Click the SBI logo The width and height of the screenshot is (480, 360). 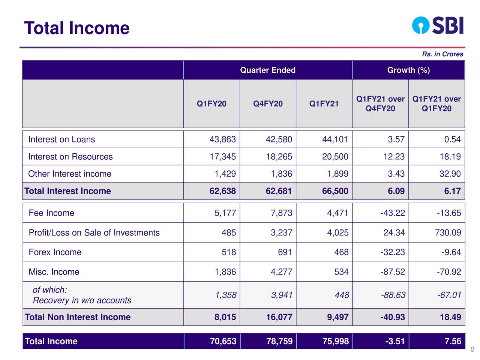coord(438,25)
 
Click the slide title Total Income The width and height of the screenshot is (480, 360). coord(77,28)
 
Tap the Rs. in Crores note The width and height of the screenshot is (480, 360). coord(442,54)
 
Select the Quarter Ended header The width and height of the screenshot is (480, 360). coord(268,70)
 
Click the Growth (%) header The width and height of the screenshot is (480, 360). coord(408,70)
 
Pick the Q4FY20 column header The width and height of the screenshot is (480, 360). coord(268,103)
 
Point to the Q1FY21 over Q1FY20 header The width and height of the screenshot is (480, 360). coord(436,103)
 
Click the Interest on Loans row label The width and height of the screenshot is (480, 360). coord(61,139)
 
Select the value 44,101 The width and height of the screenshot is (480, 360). coord(335,139)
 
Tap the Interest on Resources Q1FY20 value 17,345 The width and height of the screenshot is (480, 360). coord(223,157)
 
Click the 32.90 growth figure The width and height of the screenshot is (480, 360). coord(450,174)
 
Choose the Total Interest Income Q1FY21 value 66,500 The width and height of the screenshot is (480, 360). coord(335,191)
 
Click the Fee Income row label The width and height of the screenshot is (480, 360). coord(52,213)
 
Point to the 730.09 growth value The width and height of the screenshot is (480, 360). coord(448,232)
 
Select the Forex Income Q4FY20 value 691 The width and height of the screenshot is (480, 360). coord(285,252)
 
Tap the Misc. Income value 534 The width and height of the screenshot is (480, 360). coord(341,272)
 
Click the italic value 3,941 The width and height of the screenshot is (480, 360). coord(282,295)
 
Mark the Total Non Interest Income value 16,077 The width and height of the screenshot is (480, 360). coord(279,317)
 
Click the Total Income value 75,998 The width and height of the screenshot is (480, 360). coord(336,341)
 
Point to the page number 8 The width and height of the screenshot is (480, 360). coord(472,349)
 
